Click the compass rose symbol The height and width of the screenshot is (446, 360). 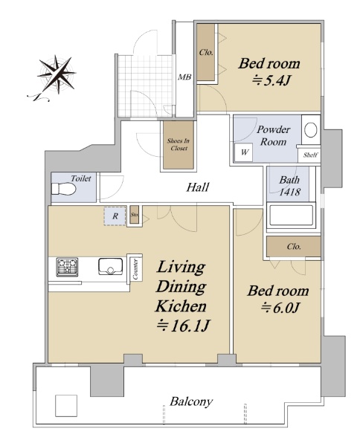click(57, 74)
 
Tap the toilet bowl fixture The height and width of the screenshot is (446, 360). click(64, 189)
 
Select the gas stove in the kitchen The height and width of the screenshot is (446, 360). click(67, 267)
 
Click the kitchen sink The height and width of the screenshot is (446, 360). click(110, 266)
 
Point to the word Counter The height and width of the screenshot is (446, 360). click(135, 269)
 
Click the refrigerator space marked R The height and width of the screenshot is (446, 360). click(115, 216)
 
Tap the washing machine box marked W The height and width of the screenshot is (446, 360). click(244, 152)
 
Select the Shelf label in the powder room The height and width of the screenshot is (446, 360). click(310, 155)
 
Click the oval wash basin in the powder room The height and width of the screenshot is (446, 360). click(311, 129)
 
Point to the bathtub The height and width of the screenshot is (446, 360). click(291, 215)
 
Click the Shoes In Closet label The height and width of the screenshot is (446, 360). click(179, 144)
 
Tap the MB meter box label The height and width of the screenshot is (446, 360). click(184, 77)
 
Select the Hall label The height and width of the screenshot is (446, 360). click(198, 187)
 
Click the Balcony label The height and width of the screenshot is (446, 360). click(191, 401)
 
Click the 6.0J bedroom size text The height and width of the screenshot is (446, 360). click(280, 308)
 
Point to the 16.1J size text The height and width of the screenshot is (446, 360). click(183, 326)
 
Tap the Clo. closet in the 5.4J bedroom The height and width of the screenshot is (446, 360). click(206, 52)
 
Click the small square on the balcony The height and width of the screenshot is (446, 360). click(66, 406)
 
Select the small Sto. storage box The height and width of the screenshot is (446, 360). click(135, 215)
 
